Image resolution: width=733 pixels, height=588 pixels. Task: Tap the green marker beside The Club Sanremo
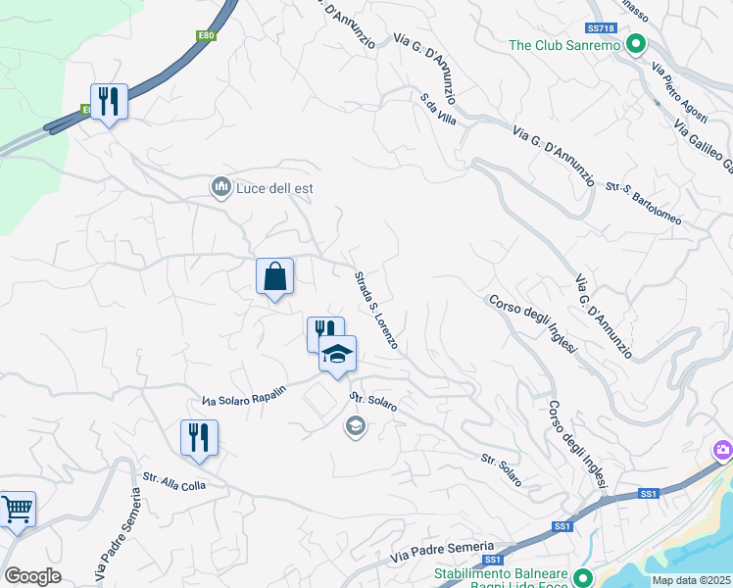pos(635,44)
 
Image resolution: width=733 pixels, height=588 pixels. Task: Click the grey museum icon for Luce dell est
pos(220,186)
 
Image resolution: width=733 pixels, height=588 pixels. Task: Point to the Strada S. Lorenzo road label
pos(376,310)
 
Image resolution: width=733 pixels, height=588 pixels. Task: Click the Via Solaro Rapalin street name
pos(244,395)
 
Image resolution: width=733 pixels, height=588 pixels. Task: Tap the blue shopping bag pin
pos(275,276)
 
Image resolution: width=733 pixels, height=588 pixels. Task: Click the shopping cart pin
pos(17,510)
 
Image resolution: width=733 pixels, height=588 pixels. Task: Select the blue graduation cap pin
pos(337,355)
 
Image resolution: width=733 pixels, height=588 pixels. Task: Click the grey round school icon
pos(355,425)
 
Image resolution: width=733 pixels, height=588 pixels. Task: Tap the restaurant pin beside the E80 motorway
pos(109,102)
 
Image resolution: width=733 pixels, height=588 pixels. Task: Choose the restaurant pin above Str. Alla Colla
pos(199,437)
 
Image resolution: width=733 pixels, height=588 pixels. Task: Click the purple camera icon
pos(723,450)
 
